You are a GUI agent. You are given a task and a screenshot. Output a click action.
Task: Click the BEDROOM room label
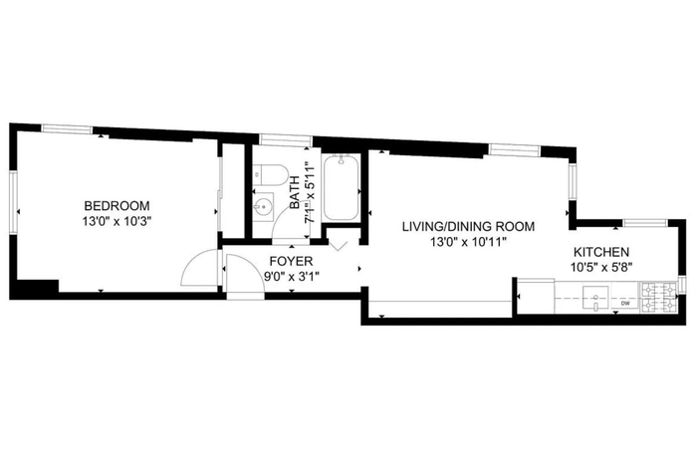point(116,206)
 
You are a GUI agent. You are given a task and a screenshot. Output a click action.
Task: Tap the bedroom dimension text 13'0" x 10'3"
point(116,221)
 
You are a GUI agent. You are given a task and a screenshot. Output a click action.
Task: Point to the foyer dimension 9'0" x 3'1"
point(291,277)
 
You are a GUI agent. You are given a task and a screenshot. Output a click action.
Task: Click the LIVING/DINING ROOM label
point(469,227)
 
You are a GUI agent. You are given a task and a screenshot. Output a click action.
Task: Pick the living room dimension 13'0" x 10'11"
point(469,242)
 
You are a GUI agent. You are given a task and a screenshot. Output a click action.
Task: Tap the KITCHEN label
point(601,252)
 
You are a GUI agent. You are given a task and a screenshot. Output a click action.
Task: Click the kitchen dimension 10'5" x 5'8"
point(601,267)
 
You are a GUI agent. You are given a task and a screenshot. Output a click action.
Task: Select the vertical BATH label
point(295,192)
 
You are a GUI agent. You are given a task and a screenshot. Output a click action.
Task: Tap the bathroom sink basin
point(263,207)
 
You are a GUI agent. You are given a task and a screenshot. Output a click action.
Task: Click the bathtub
point(341,187)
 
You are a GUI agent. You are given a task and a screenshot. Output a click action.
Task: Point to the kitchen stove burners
point(657,298)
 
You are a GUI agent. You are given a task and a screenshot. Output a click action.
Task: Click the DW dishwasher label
point(625,304)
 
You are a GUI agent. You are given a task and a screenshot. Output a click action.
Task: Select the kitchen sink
point(595,298)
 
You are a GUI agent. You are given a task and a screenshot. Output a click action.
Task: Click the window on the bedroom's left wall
point(13,202)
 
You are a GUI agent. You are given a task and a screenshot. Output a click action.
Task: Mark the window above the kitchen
point(645,223)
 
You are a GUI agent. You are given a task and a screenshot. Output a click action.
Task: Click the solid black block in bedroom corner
point(35,289)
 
